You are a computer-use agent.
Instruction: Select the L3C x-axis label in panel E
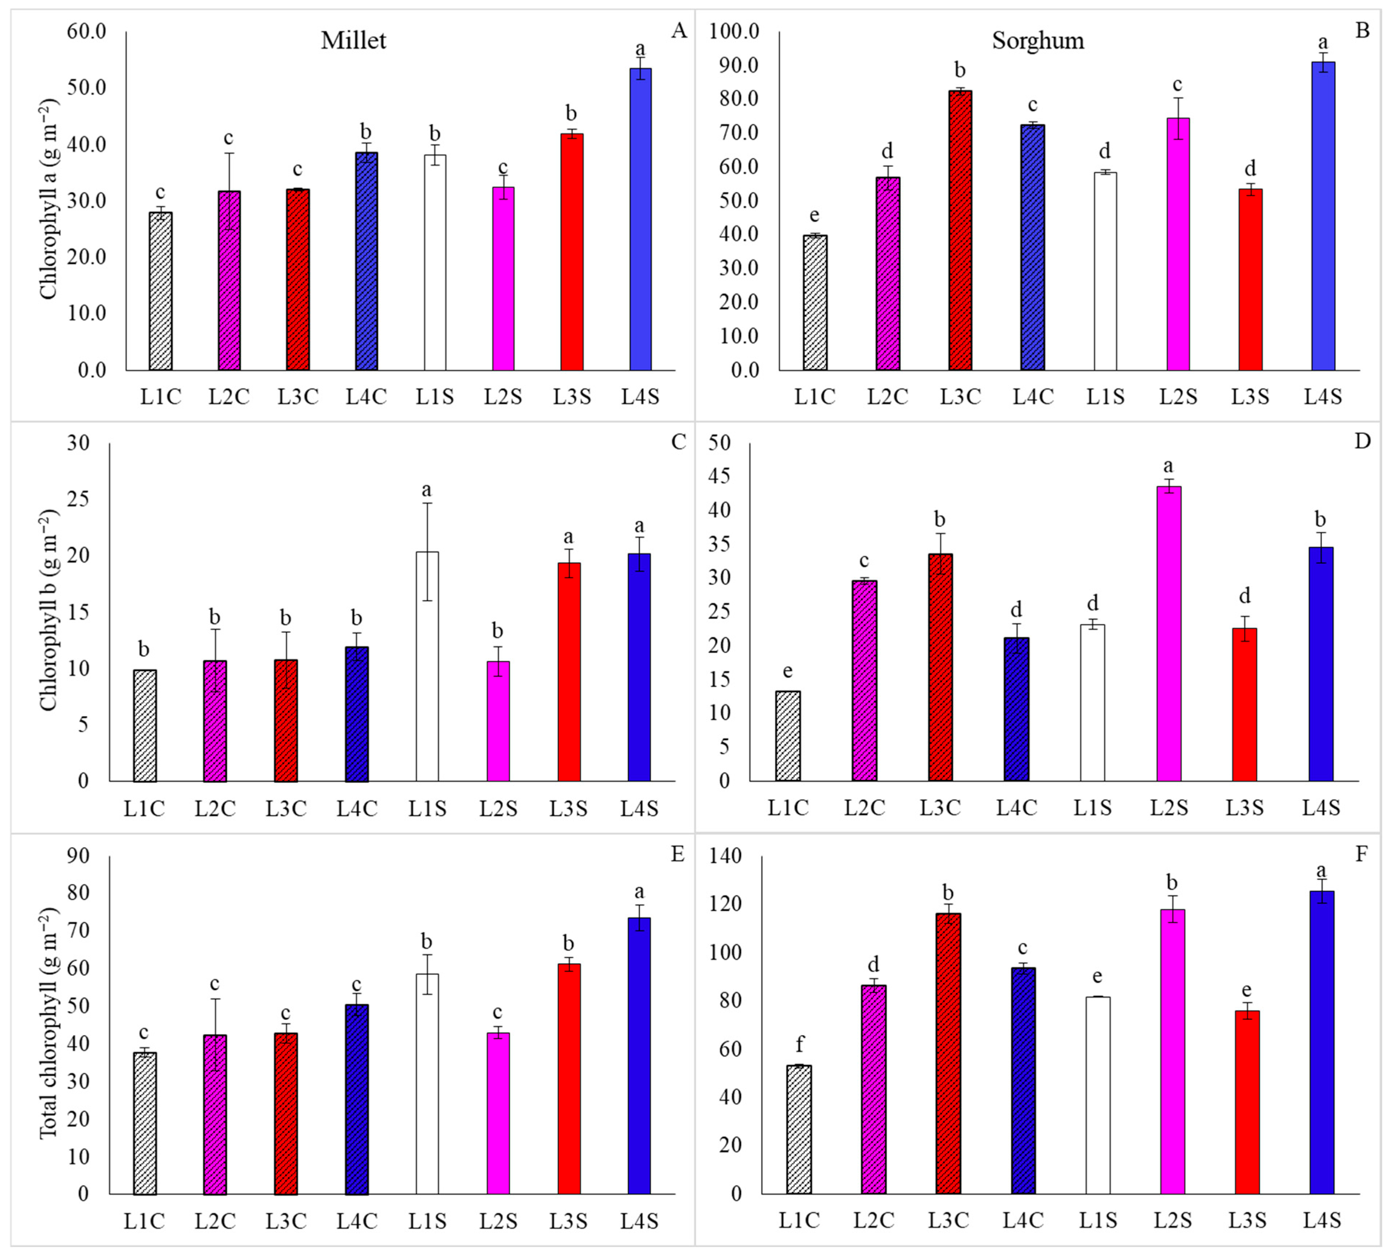[286, 1221]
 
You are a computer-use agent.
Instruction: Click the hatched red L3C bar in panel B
[960, 230]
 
